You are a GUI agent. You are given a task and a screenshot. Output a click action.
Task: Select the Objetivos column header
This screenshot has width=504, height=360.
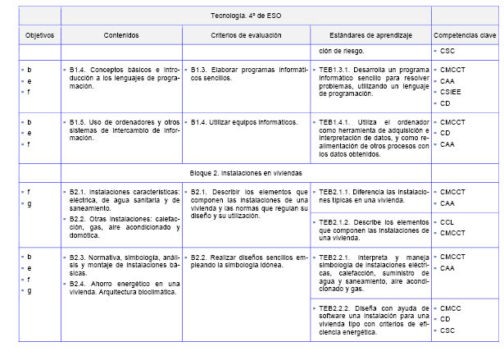pos(39,36)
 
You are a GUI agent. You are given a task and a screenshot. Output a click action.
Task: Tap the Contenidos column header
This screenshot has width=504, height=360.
pos(121,36)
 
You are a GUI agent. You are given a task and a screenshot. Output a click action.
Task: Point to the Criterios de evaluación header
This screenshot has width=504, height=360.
pos(246,36)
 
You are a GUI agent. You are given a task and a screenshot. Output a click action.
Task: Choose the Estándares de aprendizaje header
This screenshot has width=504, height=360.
pos(370,36)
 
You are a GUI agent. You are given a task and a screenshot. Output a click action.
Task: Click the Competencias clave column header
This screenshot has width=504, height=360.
pos(464,36)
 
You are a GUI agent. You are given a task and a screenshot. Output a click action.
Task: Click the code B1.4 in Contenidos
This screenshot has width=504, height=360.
pos(79,70)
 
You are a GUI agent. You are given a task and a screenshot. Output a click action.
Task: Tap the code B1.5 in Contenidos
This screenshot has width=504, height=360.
pos(79,122)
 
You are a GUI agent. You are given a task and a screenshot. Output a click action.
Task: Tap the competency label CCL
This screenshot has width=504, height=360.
pos(448,221)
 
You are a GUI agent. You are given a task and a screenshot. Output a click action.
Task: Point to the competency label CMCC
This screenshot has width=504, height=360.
pos(452,308)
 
